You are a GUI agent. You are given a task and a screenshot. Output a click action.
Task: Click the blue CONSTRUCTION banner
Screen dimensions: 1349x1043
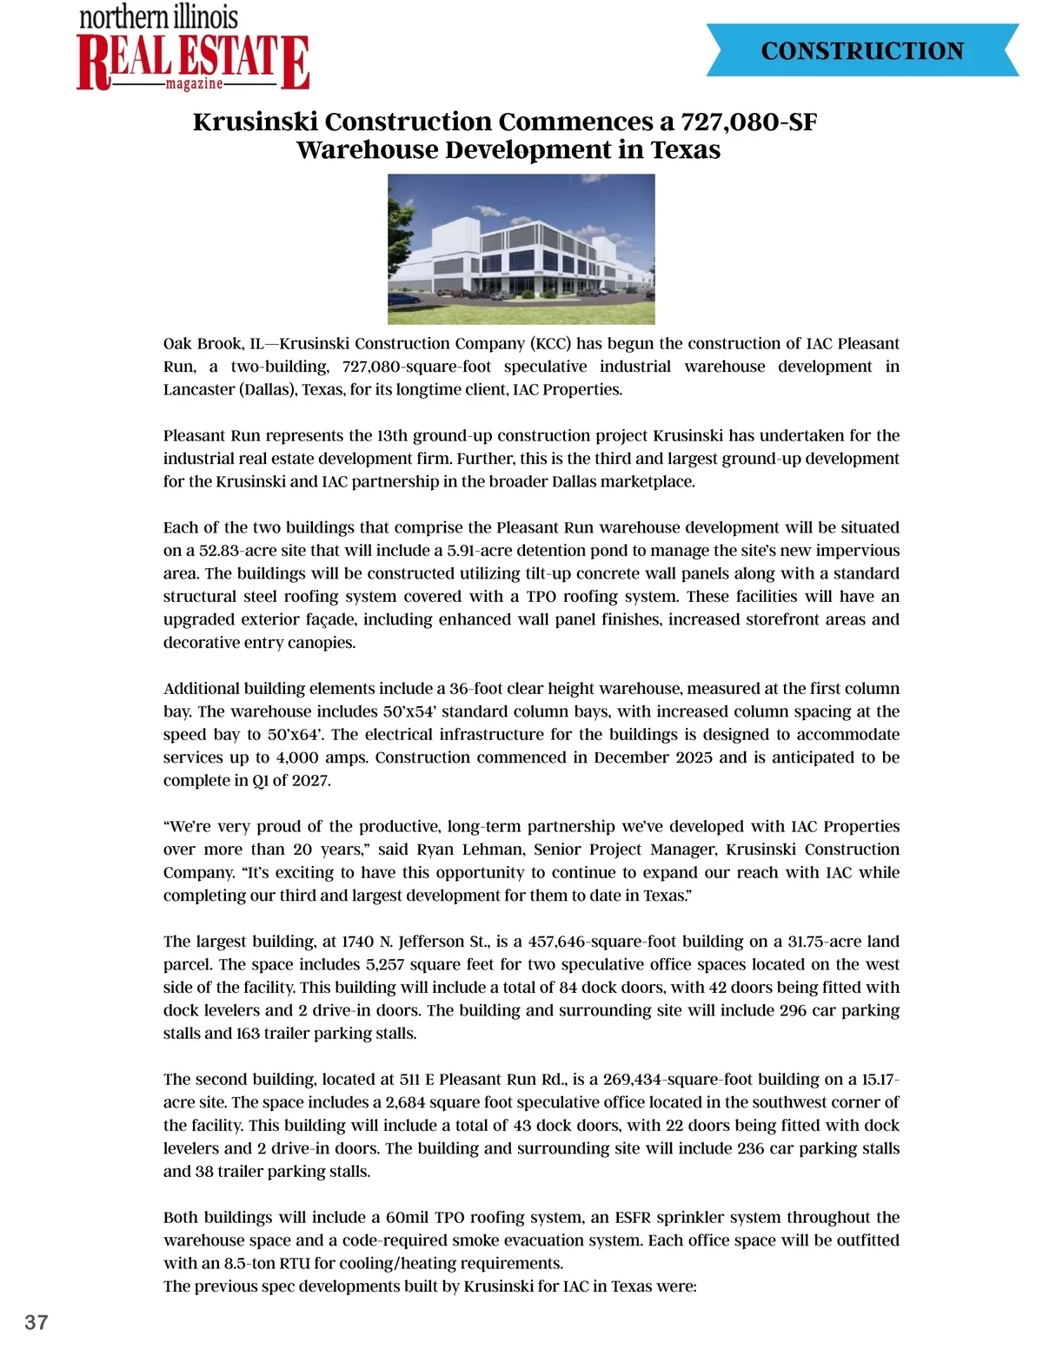[x=861, y=50]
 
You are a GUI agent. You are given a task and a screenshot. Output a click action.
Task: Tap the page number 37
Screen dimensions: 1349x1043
[x=37, y=1322]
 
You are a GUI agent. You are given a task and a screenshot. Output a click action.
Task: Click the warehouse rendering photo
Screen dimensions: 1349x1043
[x=521, y=248]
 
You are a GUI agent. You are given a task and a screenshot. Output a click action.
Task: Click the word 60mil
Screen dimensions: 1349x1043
[x=407, y=1218]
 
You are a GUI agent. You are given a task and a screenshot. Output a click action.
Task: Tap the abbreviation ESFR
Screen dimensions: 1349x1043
[x=633, y=1218]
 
